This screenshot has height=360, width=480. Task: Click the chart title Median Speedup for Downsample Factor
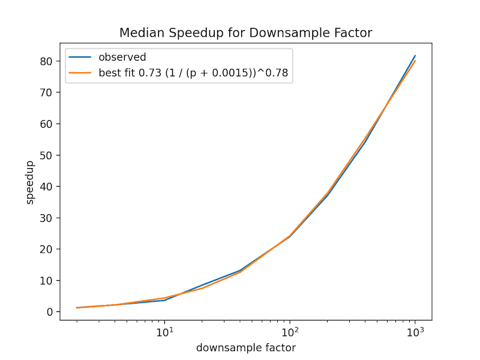point(245,32)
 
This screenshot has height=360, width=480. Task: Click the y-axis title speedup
point(30,182)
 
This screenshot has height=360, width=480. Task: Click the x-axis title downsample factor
point(245,347)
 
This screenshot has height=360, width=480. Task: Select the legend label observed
point(122,58)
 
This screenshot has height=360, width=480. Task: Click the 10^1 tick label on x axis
point(164,332)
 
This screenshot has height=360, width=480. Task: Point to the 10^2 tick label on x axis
point(290,332)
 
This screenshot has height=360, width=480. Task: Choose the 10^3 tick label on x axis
point(415,332)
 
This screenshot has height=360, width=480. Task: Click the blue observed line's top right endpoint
point(415,56)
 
